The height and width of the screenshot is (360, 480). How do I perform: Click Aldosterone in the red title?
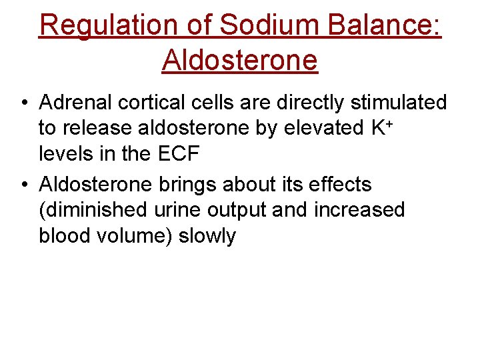click(x=239, y=60)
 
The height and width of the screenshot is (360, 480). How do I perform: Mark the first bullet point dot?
click(x=23, y=103)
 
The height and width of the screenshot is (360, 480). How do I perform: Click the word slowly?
click(x=207, y=235)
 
